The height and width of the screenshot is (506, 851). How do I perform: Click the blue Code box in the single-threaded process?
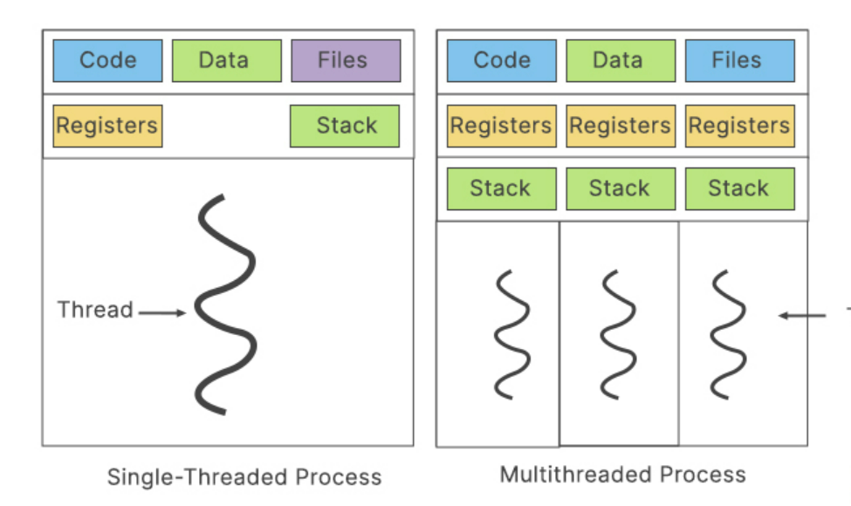pos(107,60)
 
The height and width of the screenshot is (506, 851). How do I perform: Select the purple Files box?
pos(345,60)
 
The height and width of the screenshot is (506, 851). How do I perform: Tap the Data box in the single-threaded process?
pos(226,60)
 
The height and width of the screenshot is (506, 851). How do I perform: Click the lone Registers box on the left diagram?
pos(107,126)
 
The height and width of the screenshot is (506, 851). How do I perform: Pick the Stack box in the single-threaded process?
pos(345,126)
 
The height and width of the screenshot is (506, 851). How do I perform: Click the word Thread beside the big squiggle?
pos(95,310)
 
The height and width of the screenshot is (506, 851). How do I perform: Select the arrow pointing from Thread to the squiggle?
pos(162,311)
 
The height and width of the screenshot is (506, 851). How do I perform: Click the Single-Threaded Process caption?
pos(244,477)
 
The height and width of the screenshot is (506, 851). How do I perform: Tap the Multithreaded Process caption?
pos(622,475)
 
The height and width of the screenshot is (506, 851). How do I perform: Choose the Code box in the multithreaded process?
pos(502,60)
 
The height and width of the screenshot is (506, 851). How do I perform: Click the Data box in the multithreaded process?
pos(621,60)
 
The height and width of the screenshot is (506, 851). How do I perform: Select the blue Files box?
pos(739,60)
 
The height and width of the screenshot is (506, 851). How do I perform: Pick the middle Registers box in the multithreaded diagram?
pos(621,126)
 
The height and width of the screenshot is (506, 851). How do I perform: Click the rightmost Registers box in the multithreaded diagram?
pos(739,126)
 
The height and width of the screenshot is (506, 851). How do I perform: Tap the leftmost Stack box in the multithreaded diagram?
pos(502,188)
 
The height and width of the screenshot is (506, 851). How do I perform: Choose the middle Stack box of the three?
pos(621,188)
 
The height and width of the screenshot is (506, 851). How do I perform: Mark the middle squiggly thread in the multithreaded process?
pos(619,334)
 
